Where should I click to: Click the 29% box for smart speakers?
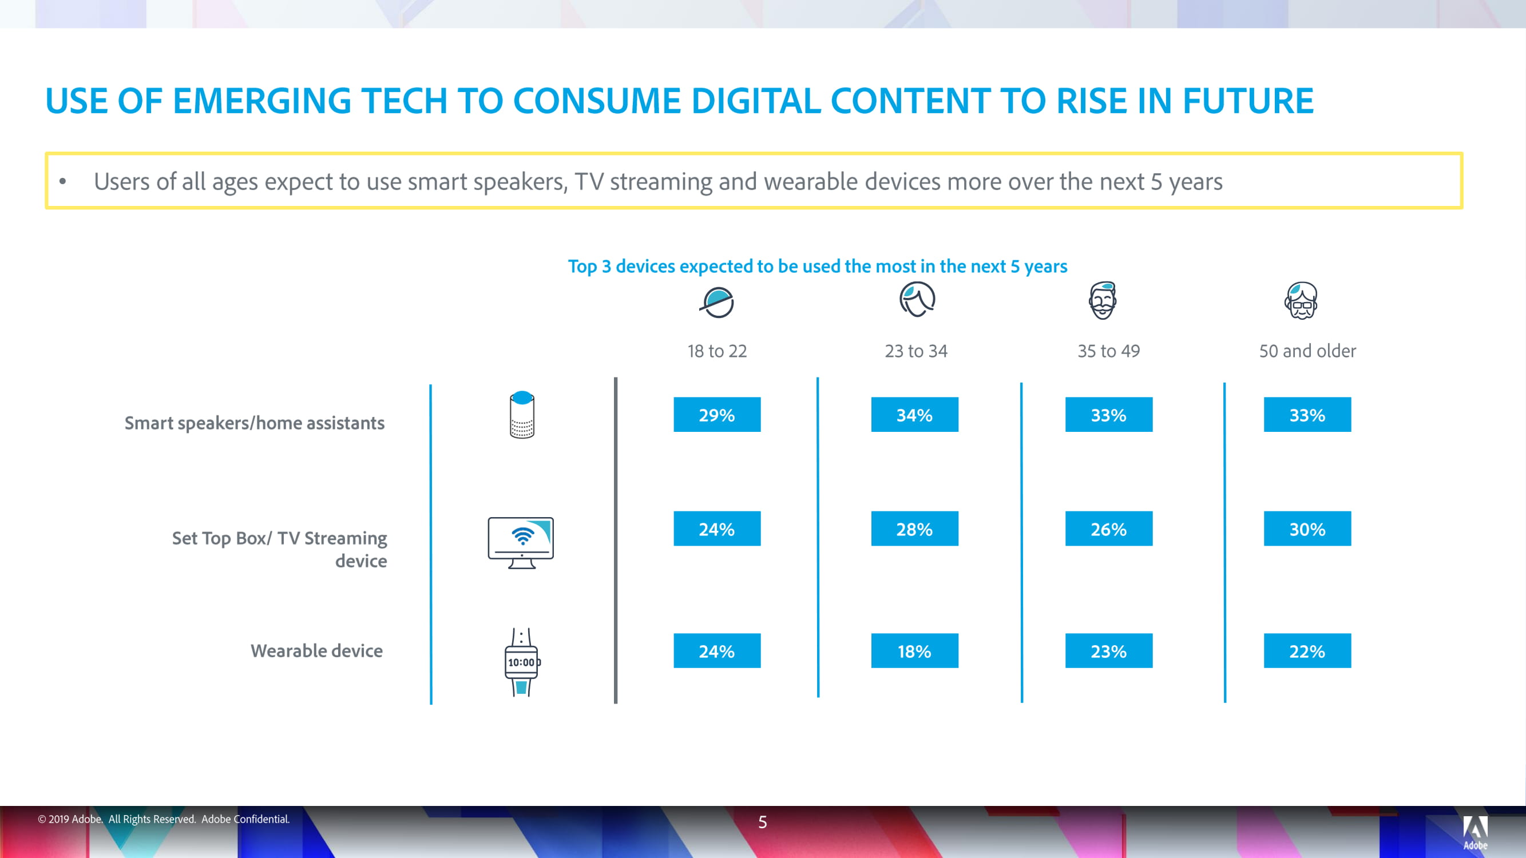[x=717, y=415]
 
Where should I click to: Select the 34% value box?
[x=915, y=415]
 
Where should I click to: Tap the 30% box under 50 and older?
[x=1307, y=528]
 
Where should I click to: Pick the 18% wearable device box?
[x=915, y=651]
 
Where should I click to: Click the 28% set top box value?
[x=915, y=528]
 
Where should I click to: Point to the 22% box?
[x=1307, y=651]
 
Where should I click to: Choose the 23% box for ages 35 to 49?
[x=1109, y=651]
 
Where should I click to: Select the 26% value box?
[x=1109, y=528]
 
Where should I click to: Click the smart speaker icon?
[x=522, y=415]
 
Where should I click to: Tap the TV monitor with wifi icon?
[x=521, y=542]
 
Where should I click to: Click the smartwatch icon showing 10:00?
[x=522, y=662]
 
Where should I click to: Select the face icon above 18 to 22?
[x=717, y=303]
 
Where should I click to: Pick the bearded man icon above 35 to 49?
[x=1103, y=300]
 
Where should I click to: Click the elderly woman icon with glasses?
[x=1301, y=300]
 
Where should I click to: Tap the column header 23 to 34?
[x=916, y=351]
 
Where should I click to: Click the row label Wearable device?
[x=316, y=651]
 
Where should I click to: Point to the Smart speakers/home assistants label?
[x=254, y=423]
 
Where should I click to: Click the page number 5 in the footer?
[x=762, y=822]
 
